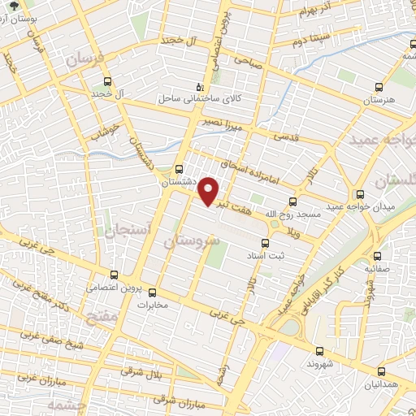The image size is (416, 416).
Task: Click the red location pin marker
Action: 210,191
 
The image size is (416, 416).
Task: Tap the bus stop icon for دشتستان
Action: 179,169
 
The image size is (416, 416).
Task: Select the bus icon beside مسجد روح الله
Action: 293,201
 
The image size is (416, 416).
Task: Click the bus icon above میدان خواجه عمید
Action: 360,194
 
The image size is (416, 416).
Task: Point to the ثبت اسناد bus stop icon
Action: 265,242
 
